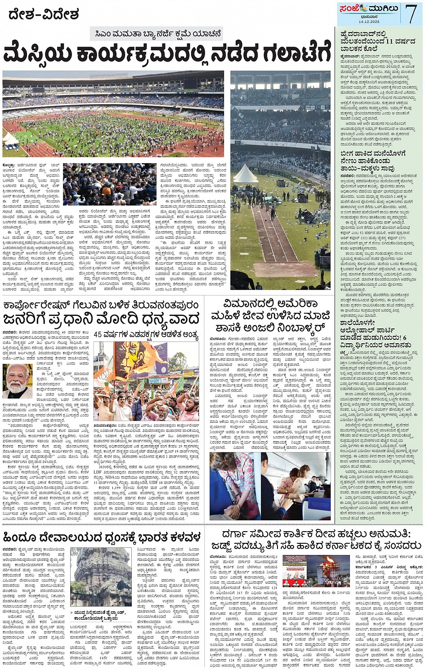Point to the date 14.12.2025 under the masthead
click(x=369, y=22)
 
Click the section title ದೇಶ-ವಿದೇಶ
click(x=43, y=15)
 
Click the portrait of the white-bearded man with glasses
click(x=17, y=381)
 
